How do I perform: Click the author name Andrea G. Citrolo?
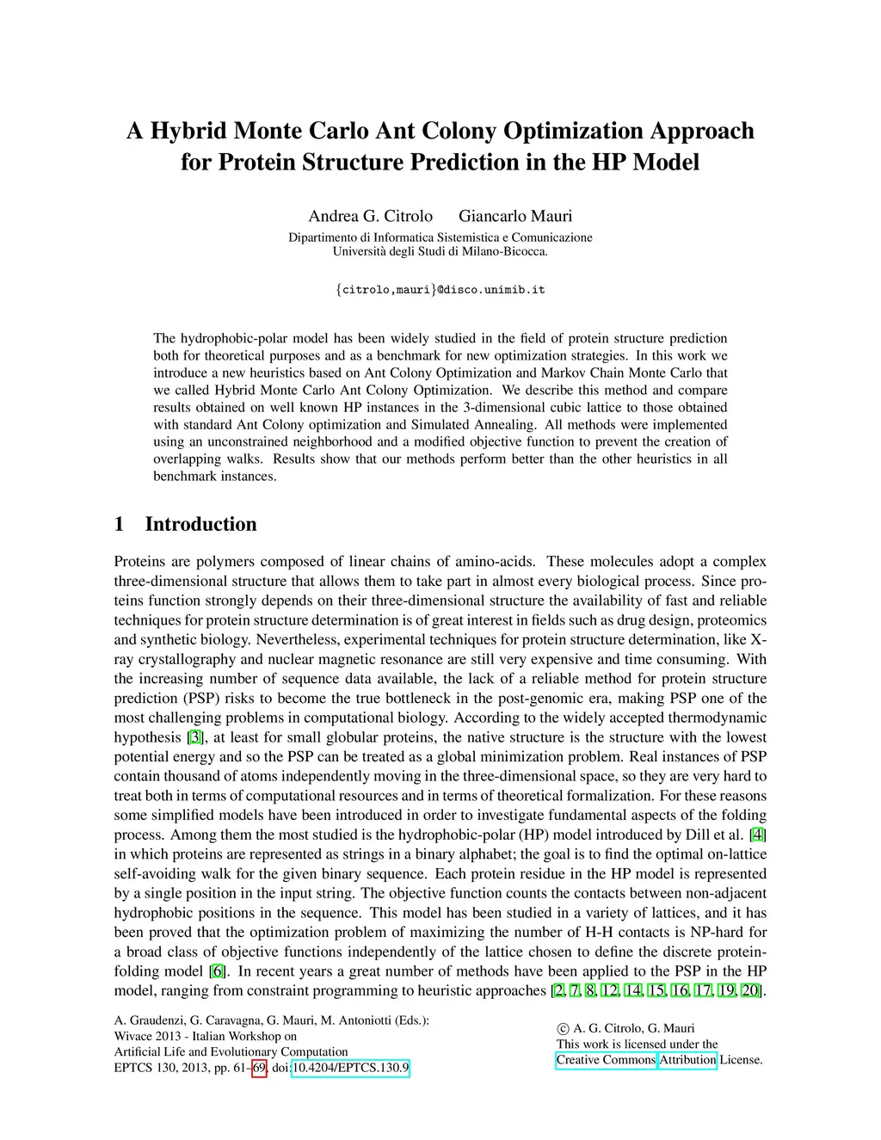point(370,216)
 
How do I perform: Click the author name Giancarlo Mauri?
point(514,216)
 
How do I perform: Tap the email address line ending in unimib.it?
point(440,290)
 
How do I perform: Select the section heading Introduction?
point(200,524)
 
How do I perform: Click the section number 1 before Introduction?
point(120,524)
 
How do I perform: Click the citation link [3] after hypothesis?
point(196,737)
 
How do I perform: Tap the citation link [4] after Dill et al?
point(757,835)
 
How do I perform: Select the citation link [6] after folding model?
point(219,971)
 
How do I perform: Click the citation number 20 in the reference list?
point(750,991)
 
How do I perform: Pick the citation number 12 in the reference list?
point(610,991)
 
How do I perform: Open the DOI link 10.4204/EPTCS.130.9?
point(350,1069)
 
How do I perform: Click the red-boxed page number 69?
point(259,1069)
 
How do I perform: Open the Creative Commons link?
point(606,1060)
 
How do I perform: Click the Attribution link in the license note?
point(687,1060)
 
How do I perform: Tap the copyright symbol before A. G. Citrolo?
point(563,1028)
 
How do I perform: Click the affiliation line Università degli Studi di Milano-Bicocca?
point(440,252)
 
